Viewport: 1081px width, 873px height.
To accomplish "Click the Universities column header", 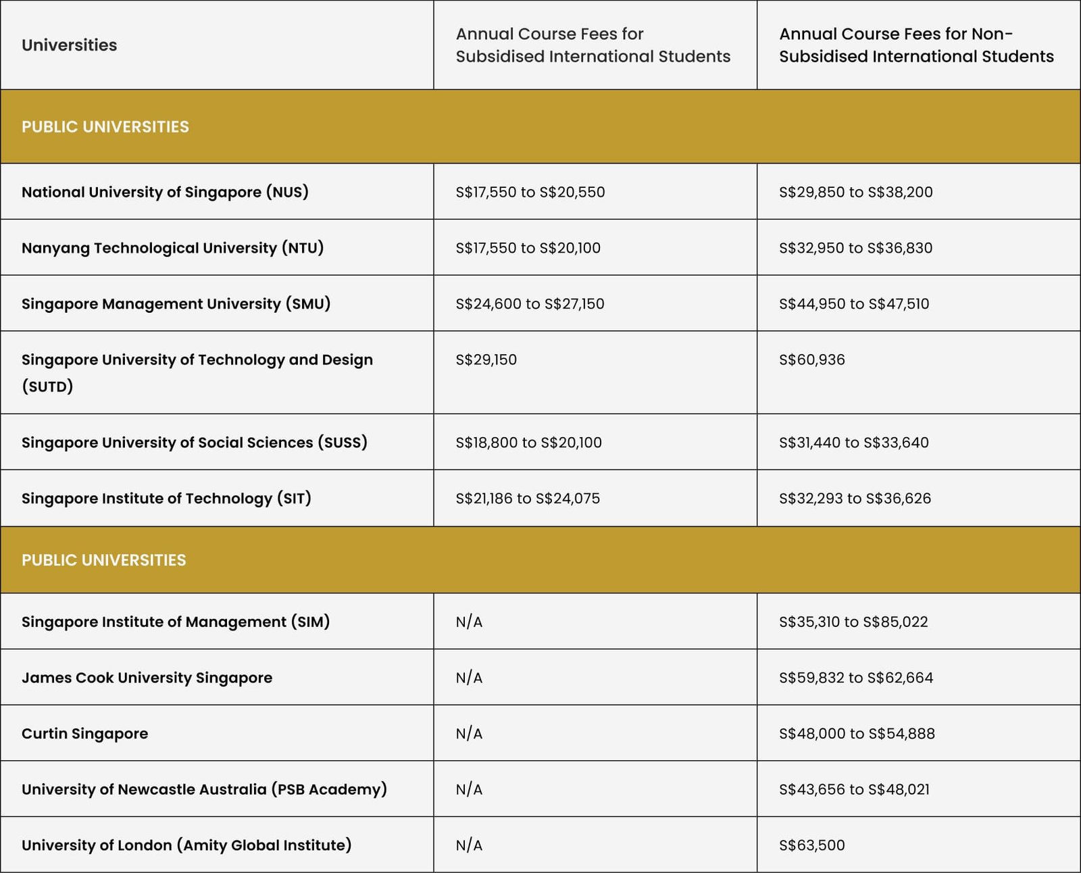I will [69, 45].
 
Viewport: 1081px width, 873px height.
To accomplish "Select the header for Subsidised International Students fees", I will [593, 45].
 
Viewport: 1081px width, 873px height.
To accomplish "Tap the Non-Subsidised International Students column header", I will [915, 45].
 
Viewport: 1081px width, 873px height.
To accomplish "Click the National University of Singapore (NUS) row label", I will [165, 192].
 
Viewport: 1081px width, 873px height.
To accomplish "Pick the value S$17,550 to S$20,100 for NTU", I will [528, 248].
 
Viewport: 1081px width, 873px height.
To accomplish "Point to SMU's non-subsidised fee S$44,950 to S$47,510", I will [853, 304].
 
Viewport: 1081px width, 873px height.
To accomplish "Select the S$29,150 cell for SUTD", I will [486, 359].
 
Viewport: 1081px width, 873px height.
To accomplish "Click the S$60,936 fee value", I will [811, 359].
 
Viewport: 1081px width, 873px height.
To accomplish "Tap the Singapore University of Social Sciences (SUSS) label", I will [194, 443].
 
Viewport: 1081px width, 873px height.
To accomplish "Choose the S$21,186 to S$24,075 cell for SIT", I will [527, 499].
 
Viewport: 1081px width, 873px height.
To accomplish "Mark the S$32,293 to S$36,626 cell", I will [854, 499].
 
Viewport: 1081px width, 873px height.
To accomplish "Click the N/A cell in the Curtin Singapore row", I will [469, 734].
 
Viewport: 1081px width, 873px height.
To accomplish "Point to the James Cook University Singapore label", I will [147, 678].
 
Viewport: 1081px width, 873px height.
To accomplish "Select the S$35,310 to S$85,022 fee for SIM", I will [853, 622].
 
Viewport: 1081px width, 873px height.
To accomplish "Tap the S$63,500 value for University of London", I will [811, 845].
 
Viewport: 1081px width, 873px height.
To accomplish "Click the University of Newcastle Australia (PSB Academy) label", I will [204, 789].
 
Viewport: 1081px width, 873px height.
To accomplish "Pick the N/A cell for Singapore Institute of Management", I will [469, 622].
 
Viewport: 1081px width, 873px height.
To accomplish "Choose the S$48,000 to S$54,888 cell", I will [856, 734].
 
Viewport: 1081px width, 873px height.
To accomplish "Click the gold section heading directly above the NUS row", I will [105, 127].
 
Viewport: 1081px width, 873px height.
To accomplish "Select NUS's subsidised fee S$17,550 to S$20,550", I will [530, 192].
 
